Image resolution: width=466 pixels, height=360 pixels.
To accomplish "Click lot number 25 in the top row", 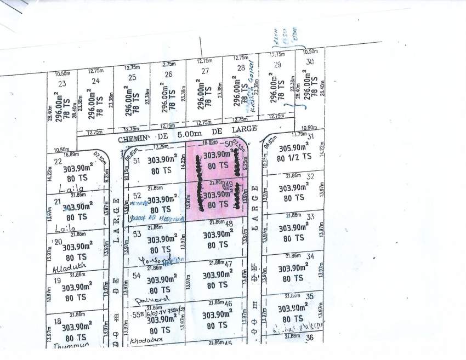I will point(132,77).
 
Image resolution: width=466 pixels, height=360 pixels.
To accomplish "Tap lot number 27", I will point(205,71).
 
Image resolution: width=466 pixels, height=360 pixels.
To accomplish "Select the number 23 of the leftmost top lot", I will point(61,83).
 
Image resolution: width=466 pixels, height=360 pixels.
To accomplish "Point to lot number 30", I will point(310,62).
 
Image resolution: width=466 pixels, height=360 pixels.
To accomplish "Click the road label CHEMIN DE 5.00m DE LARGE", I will point(187,129).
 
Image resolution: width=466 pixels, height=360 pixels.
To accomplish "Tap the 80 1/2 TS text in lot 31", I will point(294,156).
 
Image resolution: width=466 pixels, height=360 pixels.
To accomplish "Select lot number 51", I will point(138,161).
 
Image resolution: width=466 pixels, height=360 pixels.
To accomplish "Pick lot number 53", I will point(138,233).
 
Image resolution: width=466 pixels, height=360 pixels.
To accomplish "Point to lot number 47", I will point(229,264).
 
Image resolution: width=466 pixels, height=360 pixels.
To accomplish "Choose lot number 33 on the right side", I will point(310,216).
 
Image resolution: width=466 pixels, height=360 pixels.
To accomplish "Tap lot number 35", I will point(310,296).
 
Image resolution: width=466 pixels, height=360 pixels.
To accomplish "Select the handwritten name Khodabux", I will point(144,340).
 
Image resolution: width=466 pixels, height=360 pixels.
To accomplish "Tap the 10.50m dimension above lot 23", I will point(62,73).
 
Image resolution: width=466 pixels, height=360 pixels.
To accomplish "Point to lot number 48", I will point(229,223).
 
